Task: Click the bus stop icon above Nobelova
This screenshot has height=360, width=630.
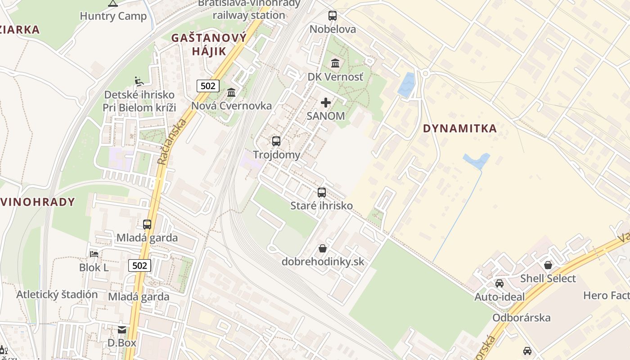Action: (x=333, y=16)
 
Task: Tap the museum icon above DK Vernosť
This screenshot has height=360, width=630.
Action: (x=335, y=63)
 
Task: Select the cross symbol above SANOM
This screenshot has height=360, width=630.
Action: (x=326, y=103)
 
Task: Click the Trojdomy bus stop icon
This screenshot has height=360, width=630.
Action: (x=276, y=141)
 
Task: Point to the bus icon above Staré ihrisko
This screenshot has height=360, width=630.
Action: (x=322, y=193)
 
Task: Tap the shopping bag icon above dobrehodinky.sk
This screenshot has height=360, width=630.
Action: (x=323, y=248)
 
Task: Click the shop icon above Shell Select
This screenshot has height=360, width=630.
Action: (x=548, y=265)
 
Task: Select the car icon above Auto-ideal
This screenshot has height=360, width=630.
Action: (x=499, y=283)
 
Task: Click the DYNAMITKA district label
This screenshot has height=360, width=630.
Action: (x=460, y=129)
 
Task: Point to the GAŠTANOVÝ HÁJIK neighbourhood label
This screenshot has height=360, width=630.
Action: (x=209, y=44)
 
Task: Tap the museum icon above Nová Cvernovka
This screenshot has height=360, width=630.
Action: (x=232, y=92)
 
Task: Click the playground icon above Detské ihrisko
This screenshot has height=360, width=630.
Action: (x=139, y=81)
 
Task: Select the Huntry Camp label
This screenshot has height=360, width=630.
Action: (x=113, y=16)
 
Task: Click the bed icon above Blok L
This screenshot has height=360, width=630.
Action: (x=94, y=254)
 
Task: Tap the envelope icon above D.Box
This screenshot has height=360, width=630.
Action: (x=122, y=330)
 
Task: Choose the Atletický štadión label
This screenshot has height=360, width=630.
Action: (x=57, y=295)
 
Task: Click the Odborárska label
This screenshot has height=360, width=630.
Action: (x=522, y=318)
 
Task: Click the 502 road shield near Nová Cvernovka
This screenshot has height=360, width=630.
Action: (x=208, y=86)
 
